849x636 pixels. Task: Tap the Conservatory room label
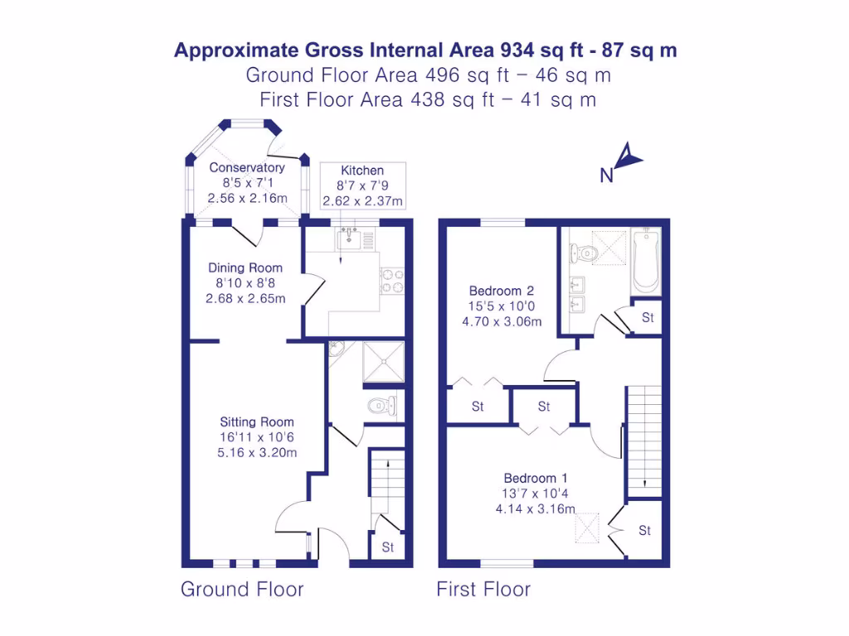(x=246, y=167)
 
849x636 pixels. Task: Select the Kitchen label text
(x=362, y=171)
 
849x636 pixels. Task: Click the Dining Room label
(x=245, y=267)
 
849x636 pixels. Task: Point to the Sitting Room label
(x=256, y=422)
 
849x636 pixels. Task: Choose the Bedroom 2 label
(x=501, y=291)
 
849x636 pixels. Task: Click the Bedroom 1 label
(x=536, y=478)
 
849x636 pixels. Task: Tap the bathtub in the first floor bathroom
(x=645, y=261)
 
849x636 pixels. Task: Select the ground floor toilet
(x=382, y=406)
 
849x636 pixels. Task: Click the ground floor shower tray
(x=383, y=362)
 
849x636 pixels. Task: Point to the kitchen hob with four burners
(x=391, y=282)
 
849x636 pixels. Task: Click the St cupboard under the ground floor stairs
(x=387, y=547)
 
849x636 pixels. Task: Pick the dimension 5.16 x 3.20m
(x=256, y=452)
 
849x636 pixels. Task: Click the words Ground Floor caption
(x=242, y=590)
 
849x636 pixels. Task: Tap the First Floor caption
(x=483, y=590)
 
